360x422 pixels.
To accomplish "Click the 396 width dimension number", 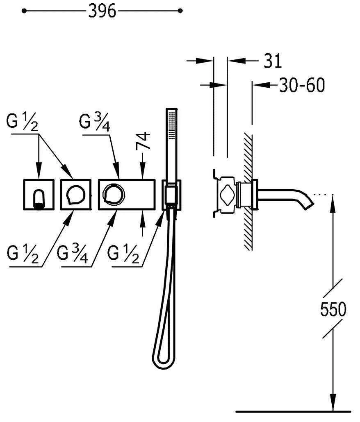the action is (x=103, y=11).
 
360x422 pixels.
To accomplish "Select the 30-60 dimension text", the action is (x=302, y=85).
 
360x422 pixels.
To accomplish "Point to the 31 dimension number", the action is (x=273, y=61).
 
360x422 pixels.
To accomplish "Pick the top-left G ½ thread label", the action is (x=23, y=122).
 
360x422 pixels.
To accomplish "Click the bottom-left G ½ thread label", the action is (x=23, y=254).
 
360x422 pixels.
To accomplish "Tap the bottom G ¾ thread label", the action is (x=73, y=254).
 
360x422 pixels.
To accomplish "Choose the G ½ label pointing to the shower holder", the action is (x=123, y=254).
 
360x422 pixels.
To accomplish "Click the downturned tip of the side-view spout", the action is (x=309, y=205).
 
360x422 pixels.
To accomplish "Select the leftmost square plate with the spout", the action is (x=39, y=194).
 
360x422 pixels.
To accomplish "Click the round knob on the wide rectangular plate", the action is (x=114, y=194).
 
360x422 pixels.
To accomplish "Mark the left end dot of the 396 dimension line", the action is (x=24, y=11).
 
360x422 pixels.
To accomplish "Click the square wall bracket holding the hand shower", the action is (x=171, y=195).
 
